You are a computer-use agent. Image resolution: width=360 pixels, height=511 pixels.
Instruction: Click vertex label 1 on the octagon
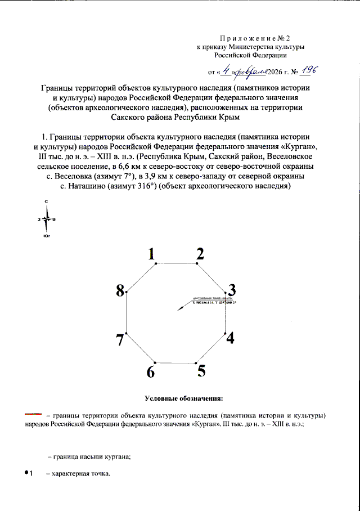pos(151,254)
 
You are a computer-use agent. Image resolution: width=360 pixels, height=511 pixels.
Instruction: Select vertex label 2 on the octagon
pos(200,254)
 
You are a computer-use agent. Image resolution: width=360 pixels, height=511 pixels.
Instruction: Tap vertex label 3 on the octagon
pos(231,289)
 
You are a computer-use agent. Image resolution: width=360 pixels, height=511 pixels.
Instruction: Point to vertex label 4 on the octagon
pos(230,338)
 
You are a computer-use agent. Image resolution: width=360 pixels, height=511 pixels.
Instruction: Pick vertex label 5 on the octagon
pos(201,371)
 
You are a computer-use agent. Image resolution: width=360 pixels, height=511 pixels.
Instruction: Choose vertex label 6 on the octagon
pos(150,372)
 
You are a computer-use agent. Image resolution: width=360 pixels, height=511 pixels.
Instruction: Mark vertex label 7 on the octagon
pos(120,339)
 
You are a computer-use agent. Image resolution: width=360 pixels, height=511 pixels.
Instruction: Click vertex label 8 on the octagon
pos(120,290)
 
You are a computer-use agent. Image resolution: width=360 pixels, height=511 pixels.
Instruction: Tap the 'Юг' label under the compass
pos(47,237)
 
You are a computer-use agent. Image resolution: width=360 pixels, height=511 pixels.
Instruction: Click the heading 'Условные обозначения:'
pos(184,399)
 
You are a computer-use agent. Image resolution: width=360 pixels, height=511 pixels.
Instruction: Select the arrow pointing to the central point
pos(182,306)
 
